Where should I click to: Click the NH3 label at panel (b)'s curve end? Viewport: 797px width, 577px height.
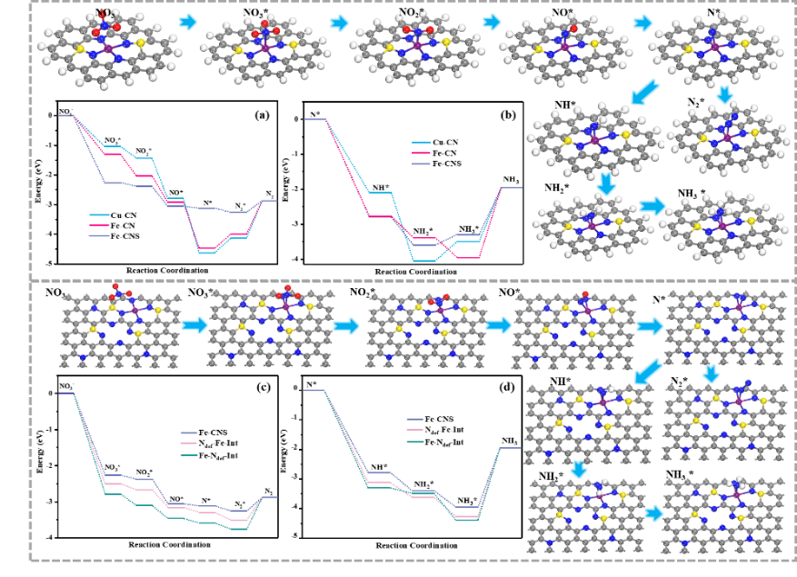tap(512, 179)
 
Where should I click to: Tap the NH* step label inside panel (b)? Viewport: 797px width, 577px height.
tap(380, 186)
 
